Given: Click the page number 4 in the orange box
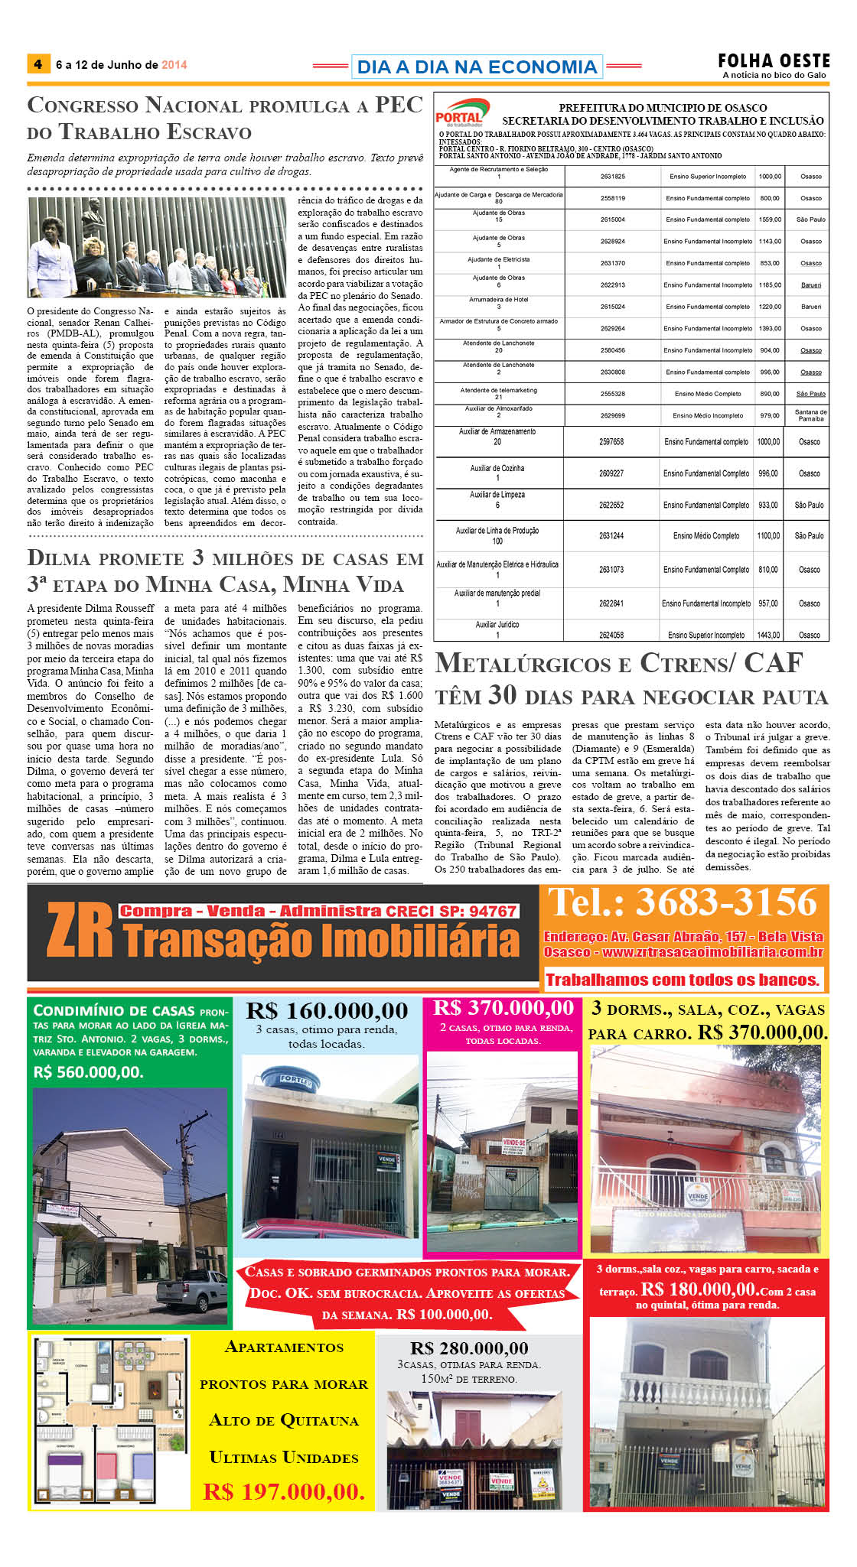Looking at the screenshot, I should tap(37, 64).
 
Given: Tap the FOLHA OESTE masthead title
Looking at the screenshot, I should tap(774, 60).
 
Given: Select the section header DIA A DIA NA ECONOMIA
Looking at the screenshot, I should tap(477, 67).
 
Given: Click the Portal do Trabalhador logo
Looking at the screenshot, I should tap(461, 112).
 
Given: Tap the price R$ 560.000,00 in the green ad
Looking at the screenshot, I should tap(88, 1072).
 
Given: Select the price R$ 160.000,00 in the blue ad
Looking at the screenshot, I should tap(327, 1011).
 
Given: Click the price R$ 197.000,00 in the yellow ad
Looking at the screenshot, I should tap(283, 1491).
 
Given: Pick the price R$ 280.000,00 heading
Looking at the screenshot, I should tap(469, 1348).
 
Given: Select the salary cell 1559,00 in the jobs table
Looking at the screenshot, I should tap(770, 219).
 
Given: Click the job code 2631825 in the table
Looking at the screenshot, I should tap(612, 177).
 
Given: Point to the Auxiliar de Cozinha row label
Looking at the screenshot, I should tap(497, 468).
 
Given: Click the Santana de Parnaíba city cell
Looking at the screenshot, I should tap(810, 415).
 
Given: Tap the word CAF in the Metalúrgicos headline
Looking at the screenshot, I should tap(773, 663).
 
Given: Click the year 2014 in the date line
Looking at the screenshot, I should tap(174, 65).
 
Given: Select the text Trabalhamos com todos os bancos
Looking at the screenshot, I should tap(683, 980).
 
